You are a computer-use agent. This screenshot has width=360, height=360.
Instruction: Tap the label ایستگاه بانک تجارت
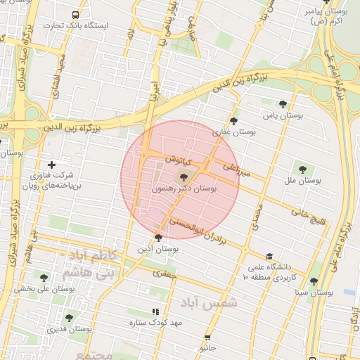pyautogui.click(x=77, y=25)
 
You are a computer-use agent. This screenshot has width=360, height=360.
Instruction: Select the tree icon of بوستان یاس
pyautogui.click(x=283, y=103)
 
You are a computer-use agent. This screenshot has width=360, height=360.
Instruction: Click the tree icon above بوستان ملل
pyautogui.click(x=302, y=169)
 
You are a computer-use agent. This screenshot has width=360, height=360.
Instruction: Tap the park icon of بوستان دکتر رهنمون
pyautogui.click(x=184, y=177)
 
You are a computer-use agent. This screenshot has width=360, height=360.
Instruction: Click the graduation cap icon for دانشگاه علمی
pyautogui.click(x=268, y=256)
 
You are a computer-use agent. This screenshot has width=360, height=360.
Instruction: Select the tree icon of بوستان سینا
pyautogui.click(x=314, y=281)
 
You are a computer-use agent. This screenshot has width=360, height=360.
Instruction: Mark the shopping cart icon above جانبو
pyautogui.click(x=207, y=337)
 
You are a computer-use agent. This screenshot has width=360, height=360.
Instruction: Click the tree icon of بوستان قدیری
pyautogui.click(x=69, y=318)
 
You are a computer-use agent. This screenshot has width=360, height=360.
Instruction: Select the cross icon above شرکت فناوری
pyautogui.click(x=51, y=165)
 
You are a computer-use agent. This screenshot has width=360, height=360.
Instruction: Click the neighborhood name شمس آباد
pyautogui.click(x=208, y=302)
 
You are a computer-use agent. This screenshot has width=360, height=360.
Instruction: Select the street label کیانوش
pyautogui.click(x=176, y=159)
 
